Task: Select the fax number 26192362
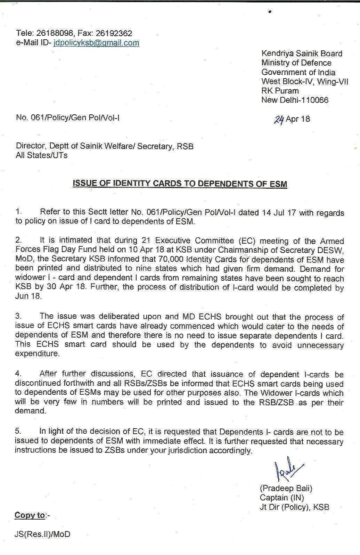pyautogui.click(x=114, y=33)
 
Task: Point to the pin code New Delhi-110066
pyautogui.click(x=295, y=100)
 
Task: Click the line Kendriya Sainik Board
pyautogui.click(x=302, y=54)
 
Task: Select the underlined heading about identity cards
pyautogui.click(x=180, y=183)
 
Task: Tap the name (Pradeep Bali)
pyautogui.click(x=286, y=488)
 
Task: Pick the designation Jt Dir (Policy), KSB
pyautogui.click(x=294, y=507)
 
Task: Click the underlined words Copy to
pyautogui.click(x=30, y=515)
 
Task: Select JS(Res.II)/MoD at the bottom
pyautogui.click(x=42, y=534)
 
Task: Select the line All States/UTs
pyautogui.click(x=42, y=155)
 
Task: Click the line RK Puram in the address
pyautogui.click(x=280, y=91)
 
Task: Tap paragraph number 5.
pyautogui.click(x=18, y=431)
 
